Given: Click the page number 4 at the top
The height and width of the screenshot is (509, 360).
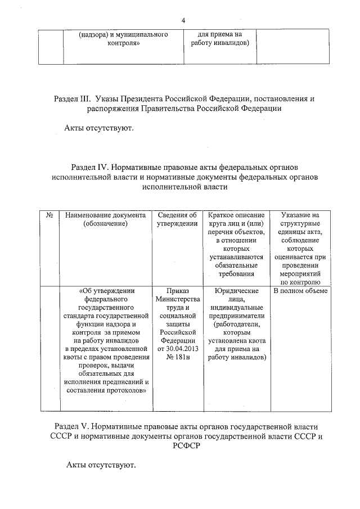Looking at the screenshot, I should pyautogui.click(x=183, y=21).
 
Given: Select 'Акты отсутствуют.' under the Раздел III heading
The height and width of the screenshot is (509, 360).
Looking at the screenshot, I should pyautogui.click(x=99, y=128).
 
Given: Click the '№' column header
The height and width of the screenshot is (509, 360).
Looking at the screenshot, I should pyautogui.click(x=49, y=215).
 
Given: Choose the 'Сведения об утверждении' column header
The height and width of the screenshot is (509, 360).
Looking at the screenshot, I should pyautogui.click(x=177, y=219).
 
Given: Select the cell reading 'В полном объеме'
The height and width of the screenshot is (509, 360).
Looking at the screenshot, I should pyautogui.click(x=300, y=291).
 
